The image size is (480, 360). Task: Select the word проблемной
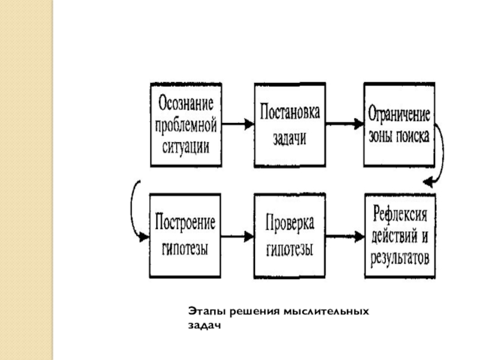[x=185, y=125]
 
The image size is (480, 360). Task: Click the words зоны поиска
[x=398, y=136]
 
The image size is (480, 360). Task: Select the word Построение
[x=185, y=224]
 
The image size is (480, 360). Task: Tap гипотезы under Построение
[x=185, y=247]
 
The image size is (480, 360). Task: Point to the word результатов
[x=400, y=259]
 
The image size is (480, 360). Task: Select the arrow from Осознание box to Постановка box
[x=238, y=124]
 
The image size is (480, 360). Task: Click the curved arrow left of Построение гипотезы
[x=133, y=210]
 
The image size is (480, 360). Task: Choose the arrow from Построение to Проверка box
[x=238, y=236]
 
